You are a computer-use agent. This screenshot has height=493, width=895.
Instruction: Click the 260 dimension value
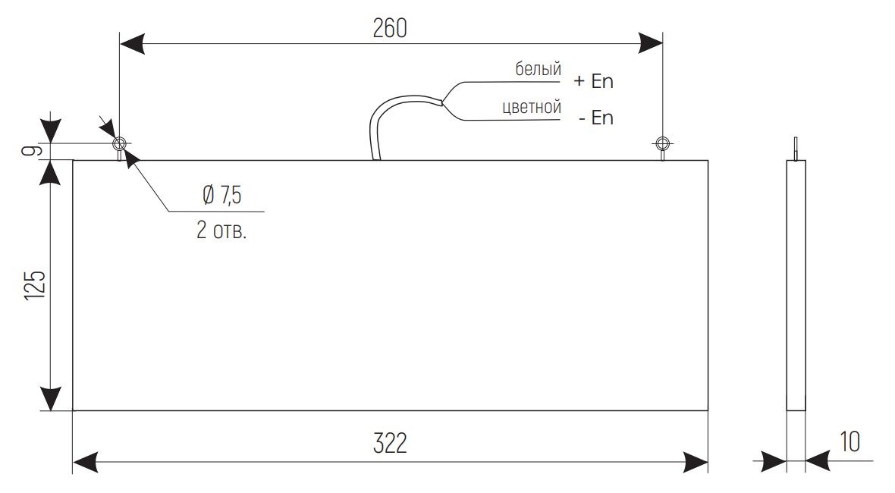[390, 28]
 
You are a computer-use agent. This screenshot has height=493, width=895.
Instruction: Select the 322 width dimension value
[390, 444]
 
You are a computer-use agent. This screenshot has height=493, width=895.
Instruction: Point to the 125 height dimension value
[35, 284]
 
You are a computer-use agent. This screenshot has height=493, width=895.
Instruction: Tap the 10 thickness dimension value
[850, 441]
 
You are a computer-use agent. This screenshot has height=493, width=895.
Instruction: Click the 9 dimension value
[33, 151]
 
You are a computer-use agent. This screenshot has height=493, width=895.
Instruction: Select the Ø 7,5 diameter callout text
[222, 195]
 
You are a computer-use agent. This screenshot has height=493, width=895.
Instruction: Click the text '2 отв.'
[221, 230]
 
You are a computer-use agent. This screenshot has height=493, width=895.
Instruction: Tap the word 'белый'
[539, 68]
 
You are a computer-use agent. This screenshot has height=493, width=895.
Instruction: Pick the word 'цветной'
[532, 107]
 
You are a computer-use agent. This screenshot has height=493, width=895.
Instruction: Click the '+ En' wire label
[594, 81]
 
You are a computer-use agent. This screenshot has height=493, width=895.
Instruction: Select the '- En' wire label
[596, 118]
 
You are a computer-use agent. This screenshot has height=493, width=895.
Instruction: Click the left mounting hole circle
[119, 143]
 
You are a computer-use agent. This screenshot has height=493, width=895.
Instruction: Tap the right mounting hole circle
[662, 143]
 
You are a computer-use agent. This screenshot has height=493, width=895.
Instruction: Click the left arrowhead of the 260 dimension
[132, 42]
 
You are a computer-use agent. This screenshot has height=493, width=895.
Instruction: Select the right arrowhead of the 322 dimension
[696, 462]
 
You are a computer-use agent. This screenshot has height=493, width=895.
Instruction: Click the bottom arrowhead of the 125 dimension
[51, 398]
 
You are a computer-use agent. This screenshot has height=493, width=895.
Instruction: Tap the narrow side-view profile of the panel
[796, 285]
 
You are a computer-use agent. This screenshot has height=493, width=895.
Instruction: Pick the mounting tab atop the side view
[796, 149]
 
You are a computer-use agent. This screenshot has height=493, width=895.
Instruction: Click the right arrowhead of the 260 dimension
[650, 42]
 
